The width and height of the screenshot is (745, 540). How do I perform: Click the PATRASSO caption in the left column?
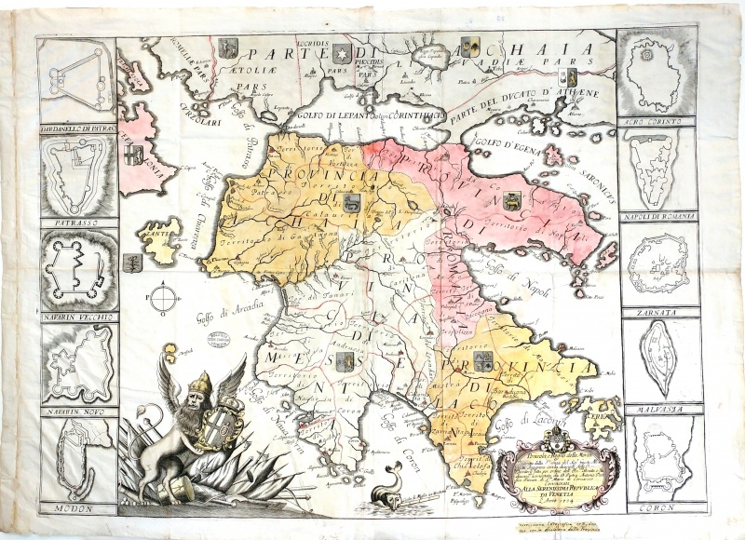tap(77, 224)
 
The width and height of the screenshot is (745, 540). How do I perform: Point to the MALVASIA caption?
tap(662, 408)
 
